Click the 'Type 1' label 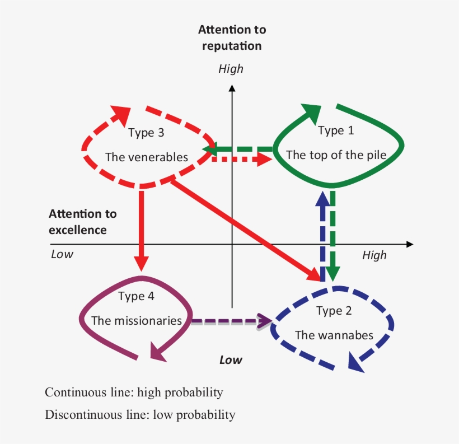(x=336, y=130)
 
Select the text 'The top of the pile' (x=336, y=155)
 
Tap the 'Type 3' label (x=146, y=133)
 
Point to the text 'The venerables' (x=147, y=157)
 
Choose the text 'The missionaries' (x=137, y=321)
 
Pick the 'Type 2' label (x=334, y=311)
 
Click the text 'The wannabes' (x=334, y=335)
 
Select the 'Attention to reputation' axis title (x=232, y=38)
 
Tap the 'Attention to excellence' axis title (x=83, y=222)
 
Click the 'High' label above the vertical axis (x=231, y=69)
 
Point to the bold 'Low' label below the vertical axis (x=231, y=359)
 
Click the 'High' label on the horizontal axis (x=374, y=255)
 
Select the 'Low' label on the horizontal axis (x=62, y=254)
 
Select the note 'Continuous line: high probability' (x=134, y=392)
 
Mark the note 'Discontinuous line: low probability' (x=140, y=415)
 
